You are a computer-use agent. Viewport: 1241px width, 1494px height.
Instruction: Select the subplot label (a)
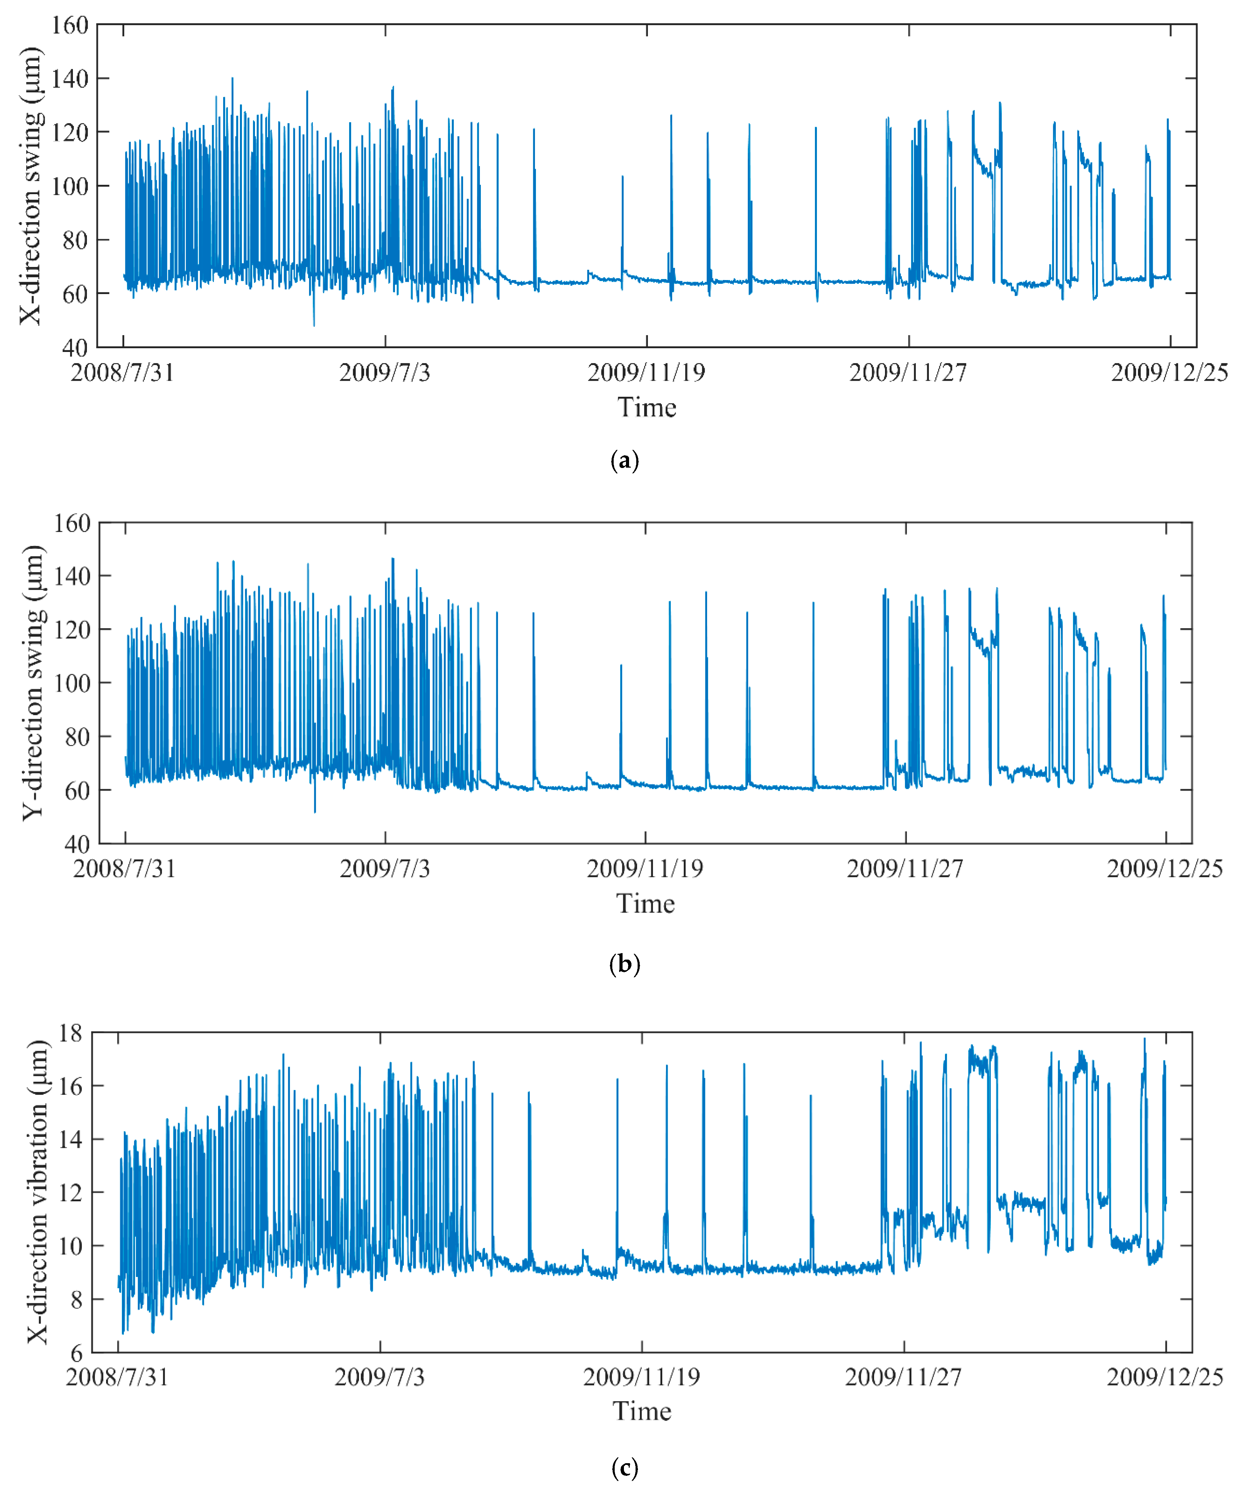(x=624, y=460)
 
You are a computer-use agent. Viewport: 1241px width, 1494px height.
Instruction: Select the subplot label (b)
(x=624, y=964)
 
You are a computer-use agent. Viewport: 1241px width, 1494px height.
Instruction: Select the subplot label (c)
(x=624, y=1468)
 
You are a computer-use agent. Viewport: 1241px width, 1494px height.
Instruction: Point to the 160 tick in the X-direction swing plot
(x=70, y=26)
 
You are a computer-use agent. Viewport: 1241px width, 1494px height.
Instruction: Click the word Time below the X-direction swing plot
(x=647, y=408)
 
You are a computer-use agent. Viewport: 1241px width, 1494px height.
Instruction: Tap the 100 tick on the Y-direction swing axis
(x=73, y=683)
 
